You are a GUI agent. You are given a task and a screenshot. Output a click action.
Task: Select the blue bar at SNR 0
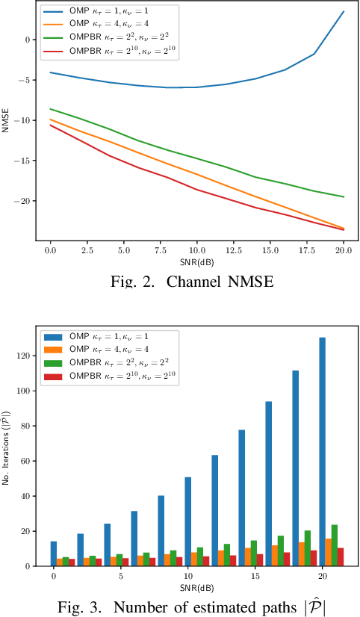[53, 554]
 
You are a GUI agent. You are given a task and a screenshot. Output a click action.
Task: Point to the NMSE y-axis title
[7, 120]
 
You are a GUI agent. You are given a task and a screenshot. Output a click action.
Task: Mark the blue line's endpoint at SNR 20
[344, 12]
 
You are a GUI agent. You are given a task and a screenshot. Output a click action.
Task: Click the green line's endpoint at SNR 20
[344, 196]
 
